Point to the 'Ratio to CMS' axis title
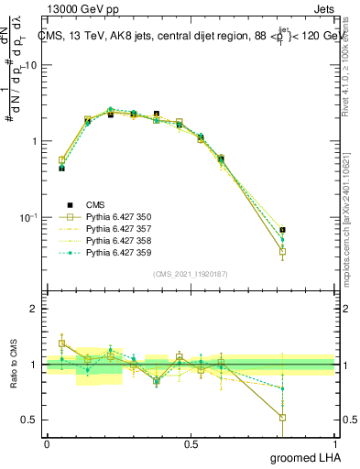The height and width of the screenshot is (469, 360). [14, 365]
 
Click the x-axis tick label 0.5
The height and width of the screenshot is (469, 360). [191, 444]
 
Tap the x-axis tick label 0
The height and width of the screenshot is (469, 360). [47, 444]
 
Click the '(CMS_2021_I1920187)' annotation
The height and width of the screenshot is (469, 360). [191, 274]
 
